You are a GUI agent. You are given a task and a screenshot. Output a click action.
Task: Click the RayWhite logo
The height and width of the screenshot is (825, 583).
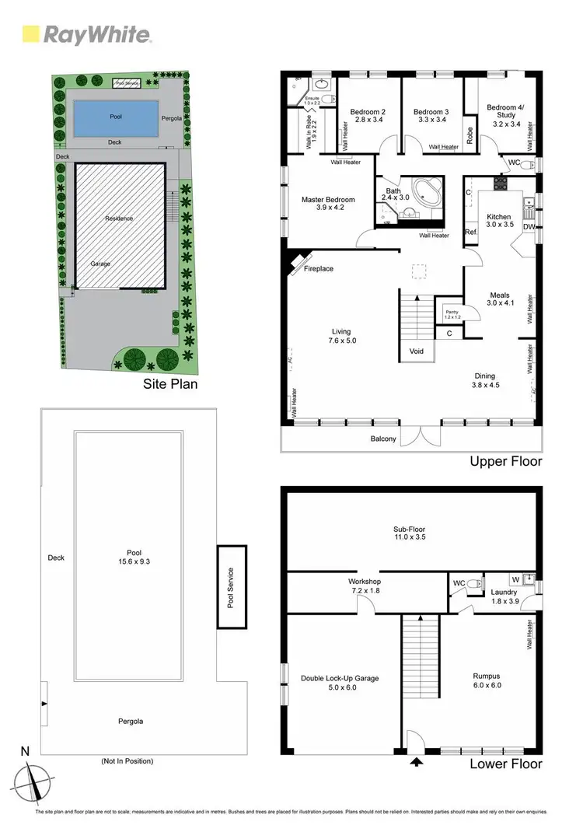pyautogui.click(x=86, y=35)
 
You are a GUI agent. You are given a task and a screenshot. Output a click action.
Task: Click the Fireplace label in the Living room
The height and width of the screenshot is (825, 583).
pyautogui.click(x=318, y=269)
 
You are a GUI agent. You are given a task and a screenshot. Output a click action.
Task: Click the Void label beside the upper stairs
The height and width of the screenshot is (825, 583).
pyautogui.click(x=417, y=351)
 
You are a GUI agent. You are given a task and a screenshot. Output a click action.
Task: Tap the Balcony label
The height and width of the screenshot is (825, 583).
pyautogui.click(x=383, y=439)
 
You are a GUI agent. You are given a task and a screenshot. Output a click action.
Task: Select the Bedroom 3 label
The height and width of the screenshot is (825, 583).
pyautogui.click(x=428, y=115)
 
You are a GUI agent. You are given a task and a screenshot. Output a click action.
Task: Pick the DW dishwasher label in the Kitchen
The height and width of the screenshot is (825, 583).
pyautogui.click(x=529, y=227)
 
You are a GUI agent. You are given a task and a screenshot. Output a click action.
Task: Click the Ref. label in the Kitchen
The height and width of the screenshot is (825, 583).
pyautogui.click(x=470, y=232)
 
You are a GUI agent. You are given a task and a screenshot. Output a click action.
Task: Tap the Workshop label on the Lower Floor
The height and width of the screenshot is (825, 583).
pyautogui.click(x=364, y=585)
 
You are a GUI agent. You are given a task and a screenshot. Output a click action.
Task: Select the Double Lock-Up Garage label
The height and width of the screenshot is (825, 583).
pyautogui.click(x=340, y=683)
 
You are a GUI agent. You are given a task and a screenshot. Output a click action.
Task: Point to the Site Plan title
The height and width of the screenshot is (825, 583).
pyautogui.click(x=170, y=384)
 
